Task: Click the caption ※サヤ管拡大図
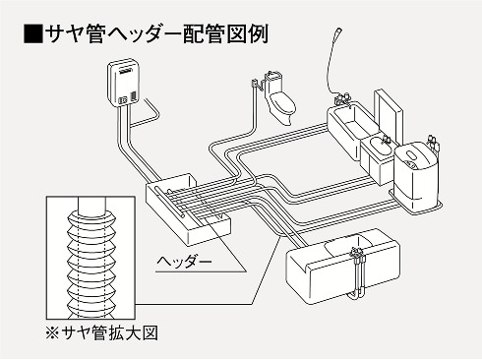point(111,335)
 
